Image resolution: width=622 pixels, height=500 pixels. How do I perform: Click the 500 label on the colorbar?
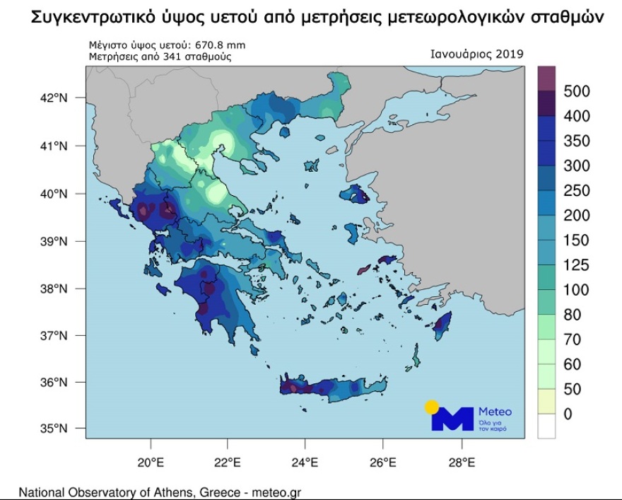click(577, 91)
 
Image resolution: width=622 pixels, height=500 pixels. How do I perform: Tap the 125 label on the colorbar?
click(577, 265)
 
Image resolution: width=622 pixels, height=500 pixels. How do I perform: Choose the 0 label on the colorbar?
click(568, 414)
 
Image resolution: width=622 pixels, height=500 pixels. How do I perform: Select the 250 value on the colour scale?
click(577, 191)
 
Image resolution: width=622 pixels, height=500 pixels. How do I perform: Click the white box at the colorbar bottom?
click(546, 426)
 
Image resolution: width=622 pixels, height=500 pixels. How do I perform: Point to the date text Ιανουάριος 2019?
click(476, 54)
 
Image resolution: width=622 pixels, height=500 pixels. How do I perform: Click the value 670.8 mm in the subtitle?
click(221, 45)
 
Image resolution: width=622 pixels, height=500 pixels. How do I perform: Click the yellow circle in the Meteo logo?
click(431, 407)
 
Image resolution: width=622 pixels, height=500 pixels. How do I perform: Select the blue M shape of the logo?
click(452, 419)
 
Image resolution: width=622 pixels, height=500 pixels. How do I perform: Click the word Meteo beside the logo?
click(495, 412)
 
